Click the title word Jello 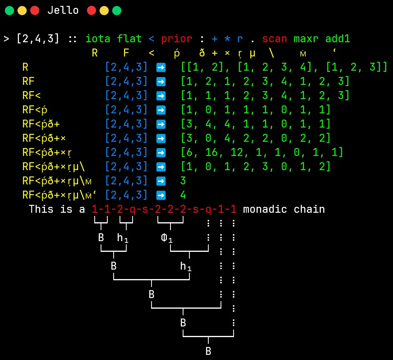63,11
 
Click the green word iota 98,39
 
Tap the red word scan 275,39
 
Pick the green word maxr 306,39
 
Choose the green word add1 338,39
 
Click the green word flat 129,39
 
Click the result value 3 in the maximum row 183,181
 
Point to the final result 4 183,195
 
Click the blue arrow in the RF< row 161,96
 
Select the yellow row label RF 28,81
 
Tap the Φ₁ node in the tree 167,238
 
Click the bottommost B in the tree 208,351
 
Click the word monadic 265,209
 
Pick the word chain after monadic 309,209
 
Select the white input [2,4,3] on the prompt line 38,39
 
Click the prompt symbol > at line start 7,39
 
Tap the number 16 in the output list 211,152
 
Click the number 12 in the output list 237,152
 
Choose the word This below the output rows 41,209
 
